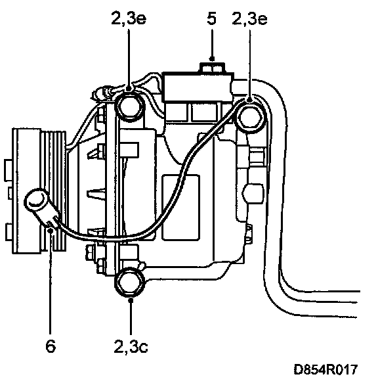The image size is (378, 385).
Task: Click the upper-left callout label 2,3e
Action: pos(129,18)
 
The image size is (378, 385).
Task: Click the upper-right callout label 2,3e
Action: pos(249,18)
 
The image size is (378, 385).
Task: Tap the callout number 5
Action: pos(211,18)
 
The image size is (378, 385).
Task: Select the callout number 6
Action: pos(51,346)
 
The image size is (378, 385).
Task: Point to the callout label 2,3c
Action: pos(131,346)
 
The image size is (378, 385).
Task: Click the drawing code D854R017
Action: pos(325,369)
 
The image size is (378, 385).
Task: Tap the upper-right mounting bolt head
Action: pos(249,117)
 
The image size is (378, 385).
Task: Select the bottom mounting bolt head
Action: pos(130,283)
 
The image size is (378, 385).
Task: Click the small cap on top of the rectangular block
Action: pos(212,68)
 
